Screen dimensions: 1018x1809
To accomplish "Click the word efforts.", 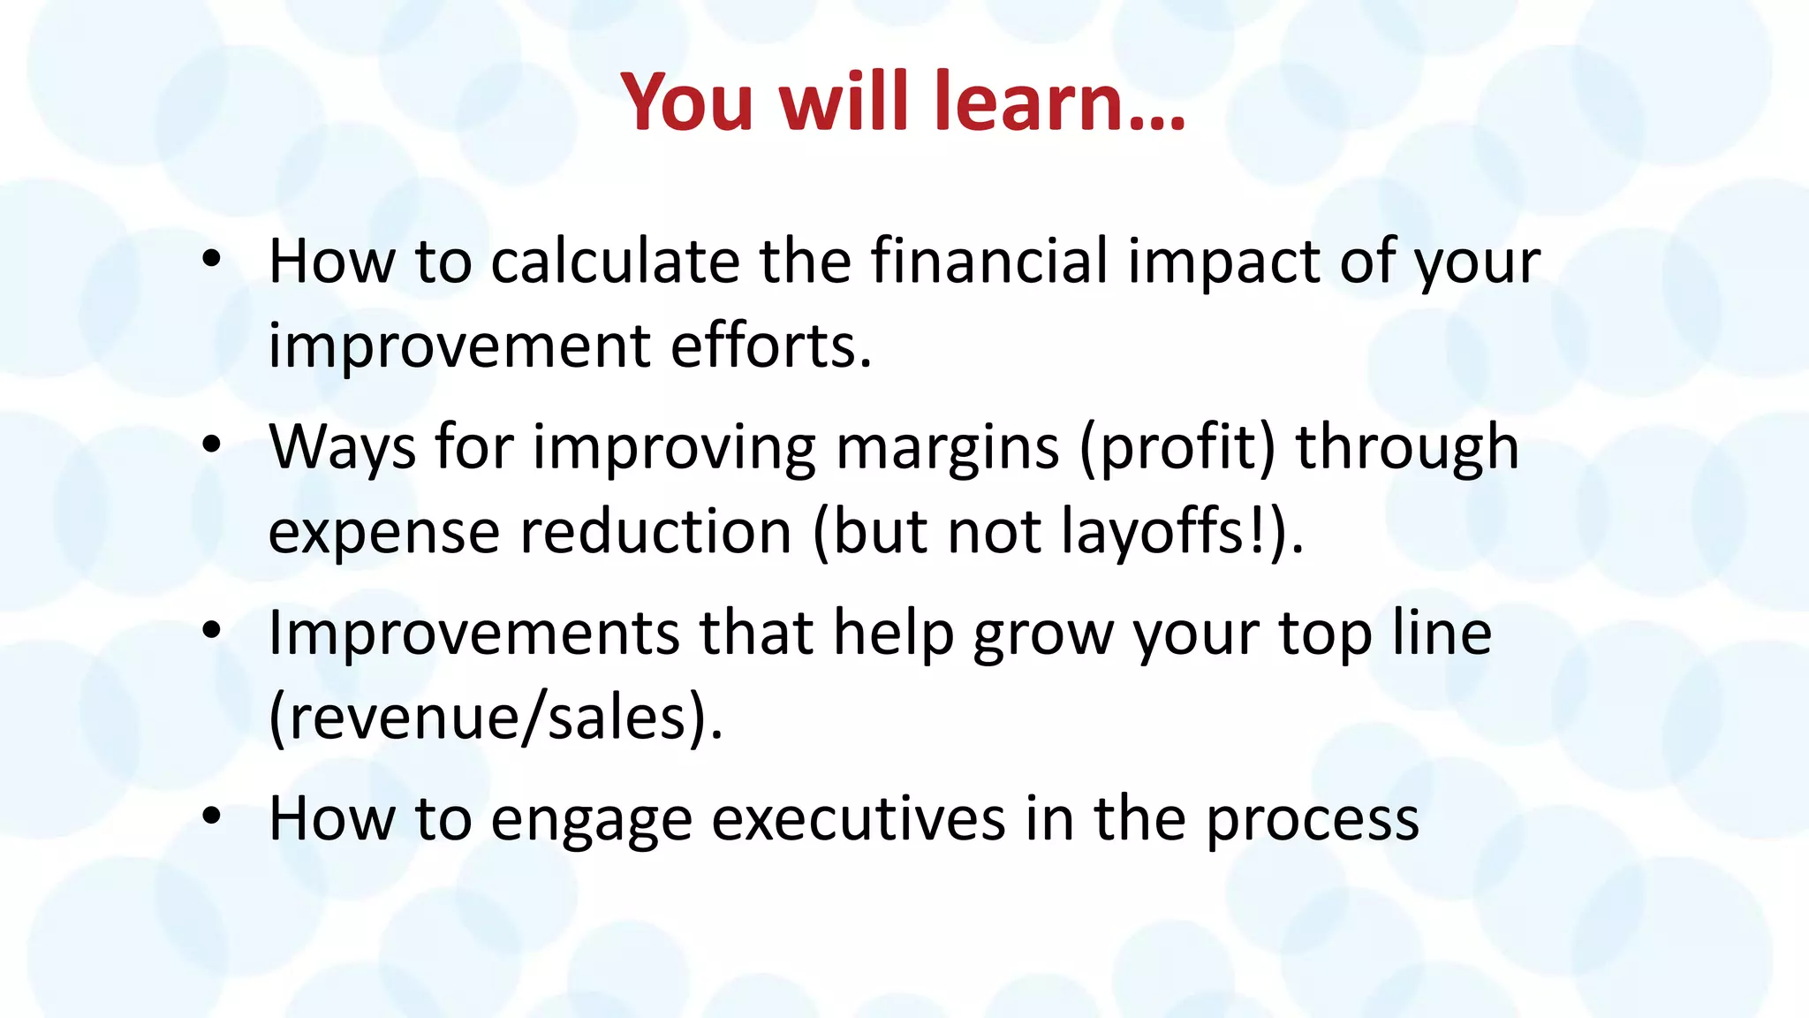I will (770, 346).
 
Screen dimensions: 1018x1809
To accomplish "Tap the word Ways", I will (342, 449).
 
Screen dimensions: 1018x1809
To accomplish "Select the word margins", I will (947, 449).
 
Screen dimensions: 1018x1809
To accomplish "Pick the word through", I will (1406, 449).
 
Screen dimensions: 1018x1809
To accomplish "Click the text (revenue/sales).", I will (495, 718).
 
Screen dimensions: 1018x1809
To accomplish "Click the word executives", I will (858, 819).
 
